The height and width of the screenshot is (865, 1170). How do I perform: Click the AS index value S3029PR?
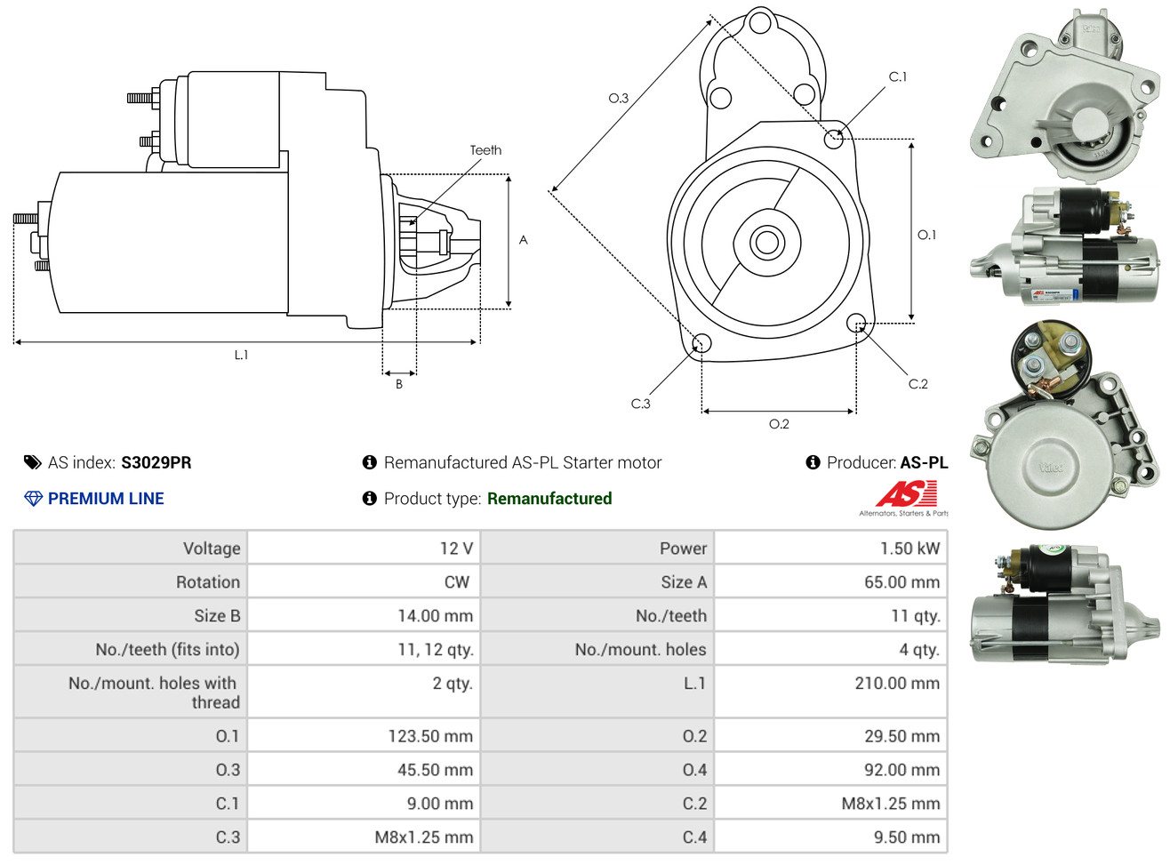(x=156, y=462)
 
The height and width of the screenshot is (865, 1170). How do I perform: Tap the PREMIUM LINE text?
(x=106, y=499)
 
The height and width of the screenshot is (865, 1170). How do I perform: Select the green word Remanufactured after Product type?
(x=549, y=499)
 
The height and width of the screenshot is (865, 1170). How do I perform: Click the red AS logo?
(x=906, y=493)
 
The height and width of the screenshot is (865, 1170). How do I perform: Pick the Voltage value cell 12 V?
(x=456, y=549)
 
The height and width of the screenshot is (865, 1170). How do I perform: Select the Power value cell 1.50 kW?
(x=910, y=549)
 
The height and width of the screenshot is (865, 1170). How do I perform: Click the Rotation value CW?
(x=457, y=582)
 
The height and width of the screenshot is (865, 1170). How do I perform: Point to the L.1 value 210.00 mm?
(x=897, y=684)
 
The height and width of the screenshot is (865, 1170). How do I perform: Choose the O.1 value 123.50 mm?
(x=430, y=736)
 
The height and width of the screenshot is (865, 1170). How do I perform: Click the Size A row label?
(x=684, y=582)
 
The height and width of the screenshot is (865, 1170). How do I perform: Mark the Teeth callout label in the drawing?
(x=485, y=150)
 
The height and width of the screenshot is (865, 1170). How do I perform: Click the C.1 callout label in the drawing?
(x=898, y=77)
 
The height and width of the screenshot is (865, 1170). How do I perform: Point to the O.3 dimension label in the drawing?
(x=618, y=98)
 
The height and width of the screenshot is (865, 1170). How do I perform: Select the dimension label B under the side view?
(x=399, y=384)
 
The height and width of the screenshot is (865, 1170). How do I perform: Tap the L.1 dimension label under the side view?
(x=241, y=355)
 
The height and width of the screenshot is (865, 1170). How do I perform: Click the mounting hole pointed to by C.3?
(x=701, y=343)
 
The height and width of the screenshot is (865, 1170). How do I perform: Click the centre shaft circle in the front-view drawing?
(x=765, y=242)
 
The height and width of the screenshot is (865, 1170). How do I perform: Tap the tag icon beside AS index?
(x=33, y=462)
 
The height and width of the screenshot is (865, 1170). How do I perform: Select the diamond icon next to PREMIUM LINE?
(x=33, y=499)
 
